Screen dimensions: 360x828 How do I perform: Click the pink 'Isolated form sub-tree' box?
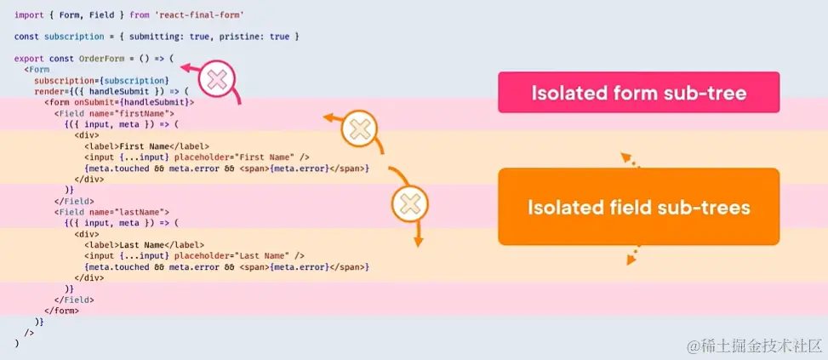click(638, 93)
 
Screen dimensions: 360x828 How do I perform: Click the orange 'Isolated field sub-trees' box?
click(638, 208)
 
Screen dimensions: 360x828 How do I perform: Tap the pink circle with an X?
click(217, 81)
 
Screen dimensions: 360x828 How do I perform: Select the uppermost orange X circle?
click(360, 130)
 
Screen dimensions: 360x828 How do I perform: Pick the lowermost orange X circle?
click(410, 204)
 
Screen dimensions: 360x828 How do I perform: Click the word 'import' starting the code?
click(28, 15)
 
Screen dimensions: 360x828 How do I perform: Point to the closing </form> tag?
click(61, 311)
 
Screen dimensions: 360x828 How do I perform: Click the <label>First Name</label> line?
click(146, 146)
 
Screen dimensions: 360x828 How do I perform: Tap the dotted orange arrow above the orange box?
click(628, 160)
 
